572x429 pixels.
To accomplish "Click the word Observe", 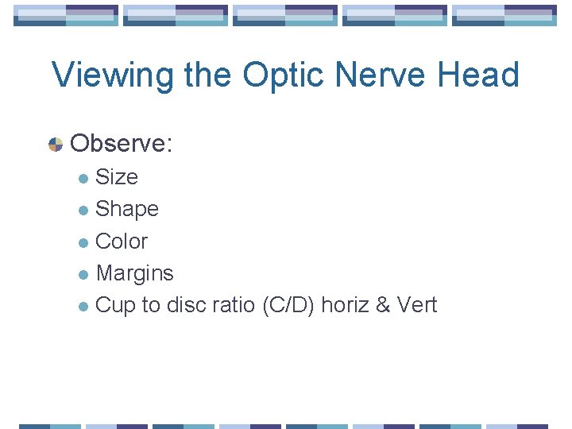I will point(122,144).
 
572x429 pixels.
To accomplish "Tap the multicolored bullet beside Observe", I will point(56,145).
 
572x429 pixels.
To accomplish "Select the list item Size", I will point(117,177).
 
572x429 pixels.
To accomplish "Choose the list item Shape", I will point(127,210).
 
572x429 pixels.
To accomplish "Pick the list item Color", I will point(122,242).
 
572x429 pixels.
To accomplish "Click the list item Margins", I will point(134,273).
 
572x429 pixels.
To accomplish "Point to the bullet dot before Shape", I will point(84,211).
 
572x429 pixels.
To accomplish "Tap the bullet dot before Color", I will point(84,242).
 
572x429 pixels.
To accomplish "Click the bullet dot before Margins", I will point(84,275).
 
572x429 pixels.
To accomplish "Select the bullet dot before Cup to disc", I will point(84,307).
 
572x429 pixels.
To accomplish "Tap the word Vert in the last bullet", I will point(414,305).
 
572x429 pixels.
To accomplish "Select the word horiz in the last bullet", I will point(344,305).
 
